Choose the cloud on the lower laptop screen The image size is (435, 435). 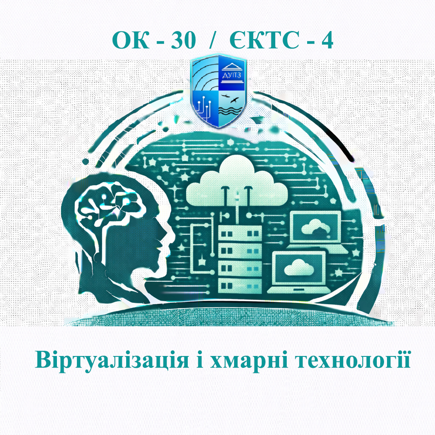coord(297,268)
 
